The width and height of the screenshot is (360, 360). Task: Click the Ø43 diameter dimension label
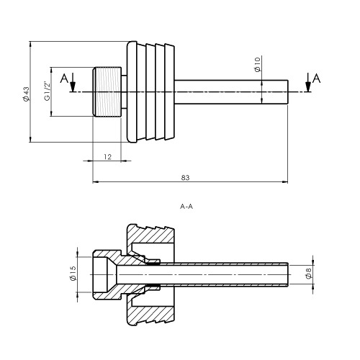point(27,94)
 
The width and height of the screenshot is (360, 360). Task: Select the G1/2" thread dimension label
point(48,91)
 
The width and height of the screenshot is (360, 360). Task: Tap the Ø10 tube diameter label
point(258,64)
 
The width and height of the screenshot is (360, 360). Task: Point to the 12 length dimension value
point(108,157)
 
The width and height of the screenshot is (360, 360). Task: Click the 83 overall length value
point(185,178)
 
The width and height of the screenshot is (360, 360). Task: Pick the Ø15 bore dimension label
point(73,274)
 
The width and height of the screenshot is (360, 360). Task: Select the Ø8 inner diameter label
point(309,274)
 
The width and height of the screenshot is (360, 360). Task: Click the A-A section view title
point(186,207)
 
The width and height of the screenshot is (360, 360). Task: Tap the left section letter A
point(64,78)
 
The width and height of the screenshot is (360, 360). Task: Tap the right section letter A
point(316,78)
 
